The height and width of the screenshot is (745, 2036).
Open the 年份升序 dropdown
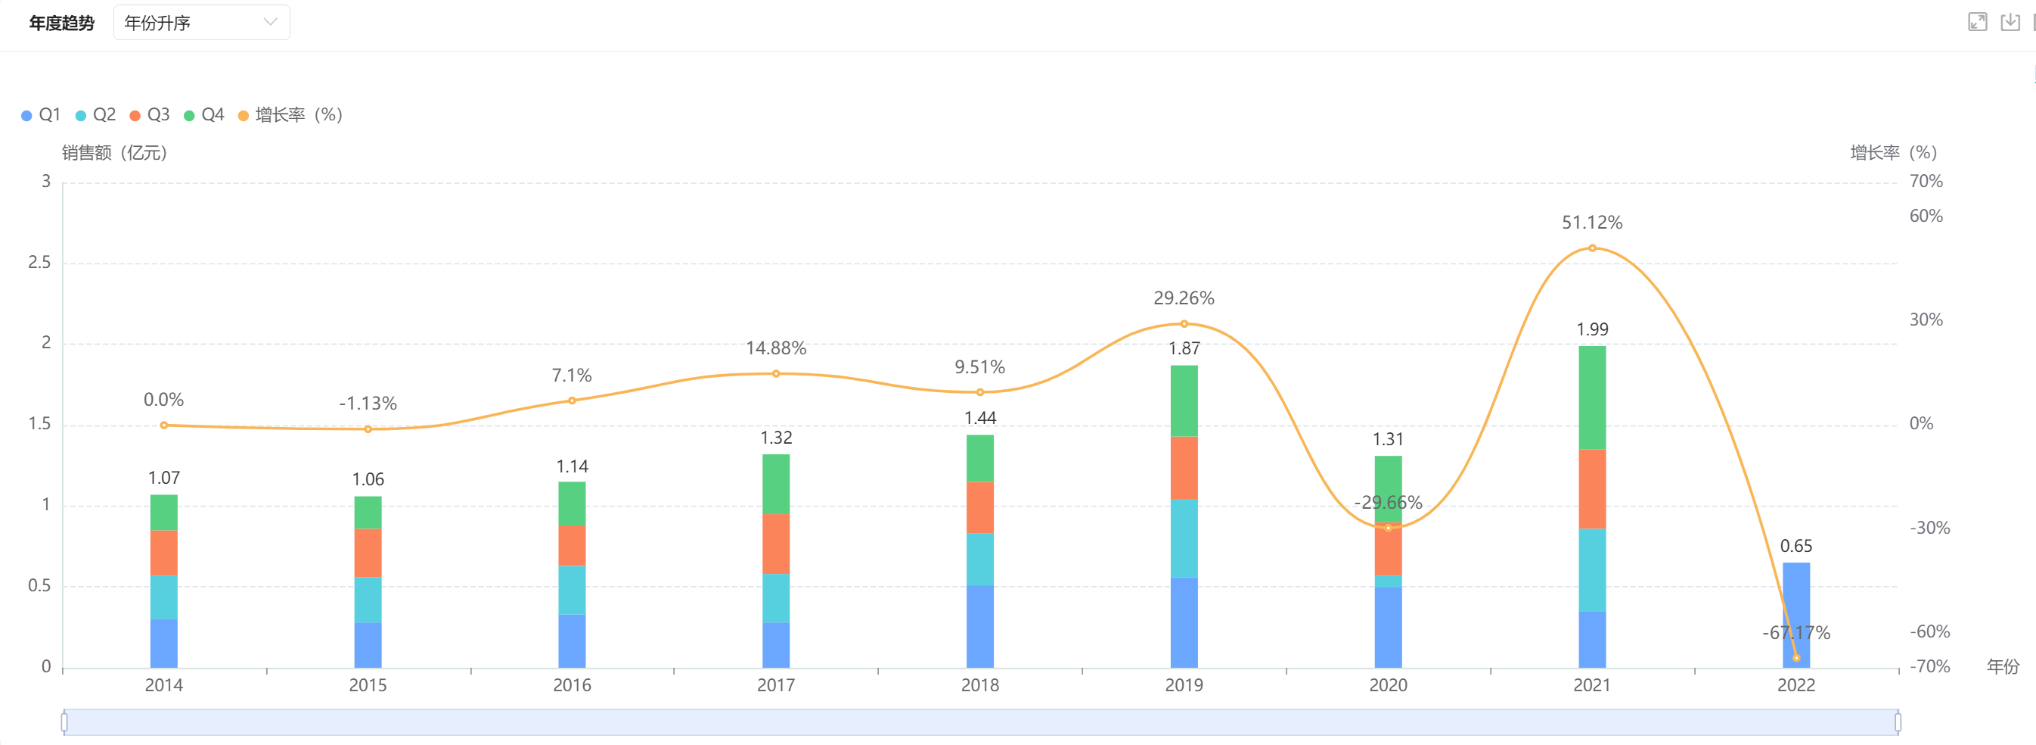201,23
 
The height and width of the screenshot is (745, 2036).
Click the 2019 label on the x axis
1183,685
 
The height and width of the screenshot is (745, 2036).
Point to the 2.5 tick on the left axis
39,263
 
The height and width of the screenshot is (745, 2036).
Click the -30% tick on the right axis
1929,528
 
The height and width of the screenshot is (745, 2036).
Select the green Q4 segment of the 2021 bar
1592,397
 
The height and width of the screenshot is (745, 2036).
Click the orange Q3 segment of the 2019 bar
1183,467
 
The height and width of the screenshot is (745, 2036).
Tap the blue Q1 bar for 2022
1795,601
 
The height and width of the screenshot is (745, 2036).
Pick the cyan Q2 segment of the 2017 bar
775,598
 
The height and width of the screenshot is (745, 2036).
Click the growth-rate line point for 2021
1592,248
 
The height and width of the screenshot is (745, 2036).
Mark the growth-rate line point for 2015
368,429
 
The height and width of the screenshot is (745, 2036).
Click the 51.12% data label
1592,223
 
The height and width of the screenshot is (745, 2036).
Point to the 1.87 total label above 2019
1183,349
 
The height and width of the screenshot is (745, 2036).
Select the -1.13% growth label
368,404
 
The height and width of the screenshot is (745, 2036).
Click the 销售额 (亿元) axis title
115,153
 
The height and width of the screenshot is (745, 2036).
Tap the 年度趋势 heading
62,23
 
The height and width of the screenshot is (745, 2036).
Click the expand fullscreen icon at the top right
1977,22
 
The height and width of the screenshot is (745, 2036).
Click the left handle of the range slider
64,722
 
